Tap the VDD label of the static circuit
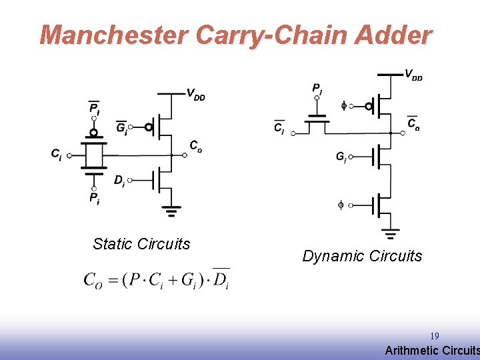coord(195,94)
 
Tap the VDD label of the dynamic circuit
coord(413,74)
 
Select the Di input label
coord(119,180)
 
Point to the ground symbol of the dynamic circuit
coord(391,233)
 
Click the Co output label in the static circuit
coord(195,146)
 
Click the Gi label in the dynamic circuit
coord(341,157)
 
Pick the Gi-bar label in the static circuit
coord(121,127)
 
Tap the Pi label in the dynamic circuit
coord(317,88)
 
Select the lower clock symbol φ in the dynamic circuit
coord(341,205)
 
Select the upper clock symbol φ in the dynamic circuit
coord(344,105)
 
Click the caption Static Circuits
coord(141,244)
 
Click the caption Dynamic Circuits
coord(362,256)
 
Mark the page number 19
coord(435,336)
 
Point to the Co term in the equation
coord(93,279)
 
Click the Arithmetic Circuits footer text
coord(432,351)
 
